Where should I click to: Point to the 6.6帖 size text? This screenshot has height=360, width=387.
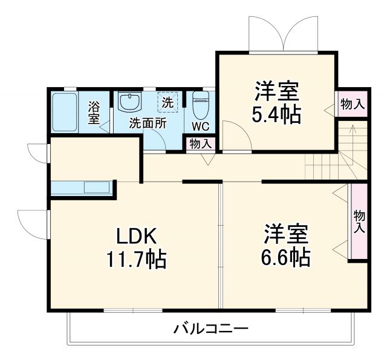coord(286,258)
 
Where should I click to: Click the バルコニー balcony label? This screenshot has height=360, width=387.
coord(211,330)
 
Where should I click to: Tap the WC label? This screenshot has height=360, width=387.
coord(200,126)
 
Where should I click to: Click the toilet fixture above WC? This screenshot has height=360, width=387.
coord(200,105)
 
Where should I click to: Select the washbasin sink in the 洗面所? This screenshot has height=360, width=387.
coord(129,101)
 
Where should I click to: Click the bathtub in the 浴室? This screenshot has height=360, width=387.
coord(64,113)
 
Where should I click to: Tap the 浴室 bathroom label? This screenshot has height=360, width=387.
coord(94,113)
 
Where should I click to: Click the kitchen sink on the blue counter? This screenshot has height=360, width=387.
coord(97,188)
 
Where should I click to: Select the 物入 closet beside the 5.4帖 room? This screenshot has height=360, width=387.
coord(352,104)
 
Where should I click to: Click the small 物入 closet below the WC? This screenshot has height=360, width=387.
coord(200,144)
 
